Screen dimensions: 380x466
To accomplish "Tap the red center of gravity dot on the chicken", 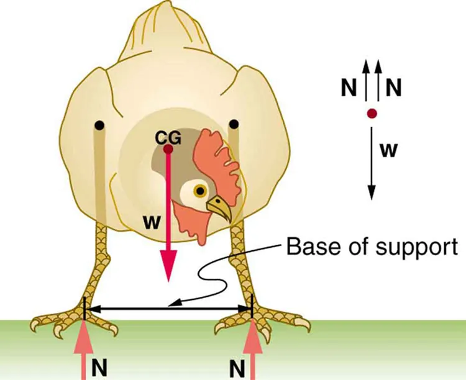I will click(x=168, y=149).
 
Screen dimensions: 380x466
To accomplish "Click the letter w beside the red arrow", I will click(x=150, y=221).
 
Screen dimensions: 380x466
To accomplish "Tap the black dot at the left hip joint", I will click(x=99, y=126).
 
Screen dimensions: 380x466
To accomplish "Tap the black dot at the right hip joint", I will click(x=234, y=125).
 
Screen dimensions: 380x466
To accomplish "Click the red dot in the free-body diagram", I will click(x=371, y=114).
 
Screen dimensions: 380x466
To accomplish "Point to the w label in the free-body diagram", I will click(x=389, y=150).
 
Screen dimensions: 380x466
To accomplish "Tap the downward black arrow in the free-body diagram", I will click(x=371, y=161).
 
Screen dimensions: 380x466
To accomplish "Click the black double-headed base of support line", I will click(x=168, y=307).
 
